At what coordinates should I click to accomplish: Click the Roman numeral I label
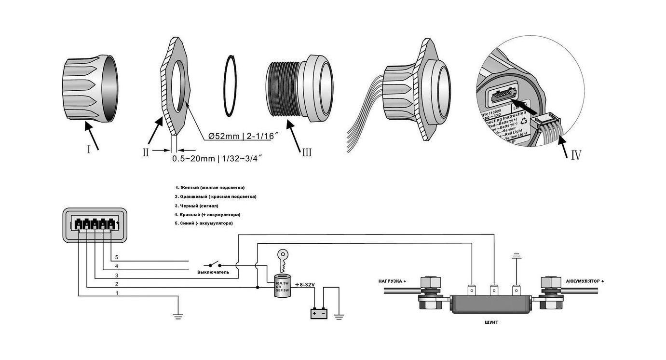[x=89, y=150]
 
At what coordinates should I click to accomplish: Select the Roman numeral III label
[x=306, y=152]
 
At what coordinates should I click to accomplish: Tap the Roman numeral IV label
[x=576, y=155]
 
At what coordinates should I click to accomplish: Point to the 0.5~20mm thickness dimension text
[x=217, y=158]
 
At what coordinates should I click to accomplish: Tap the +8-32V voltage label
[x=305, y=285]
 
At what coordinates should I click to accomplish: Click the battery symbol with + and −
[x=319, y=314]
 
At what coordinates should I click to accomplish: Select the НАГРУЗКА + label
[x=392, y=281]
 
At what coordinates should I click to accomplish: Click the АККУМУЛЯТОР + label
[x=584, y=281]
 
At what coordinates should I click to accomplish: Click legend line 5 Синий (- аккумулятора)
[x=204, y=223]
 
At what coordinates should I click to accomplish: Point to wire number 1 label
[x=116, y=293]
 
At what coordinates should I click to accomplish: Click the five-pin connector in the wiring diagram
[x=95, y=225]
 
